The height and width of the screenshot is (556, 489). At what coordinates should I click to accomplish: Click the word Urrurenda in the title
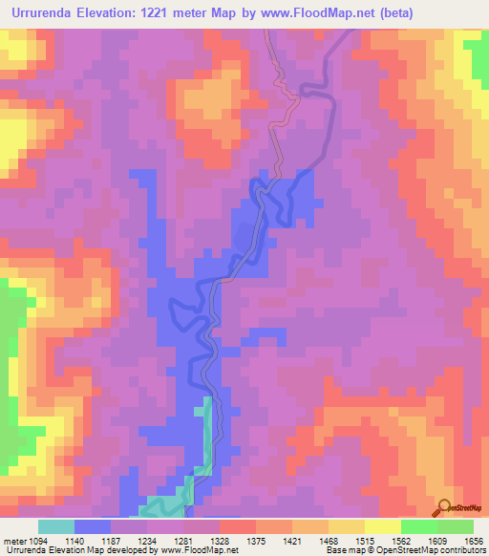click(41, 12)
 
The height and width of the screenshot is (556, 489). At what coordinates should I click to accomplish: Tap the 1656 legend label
click(472, 542)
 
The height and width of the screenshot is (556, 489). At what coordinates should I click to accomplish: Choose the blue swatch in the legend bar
click(93, 526)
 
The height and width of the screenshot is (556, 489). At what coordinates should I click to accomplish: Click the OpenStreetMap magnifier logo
click(445, 507)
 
